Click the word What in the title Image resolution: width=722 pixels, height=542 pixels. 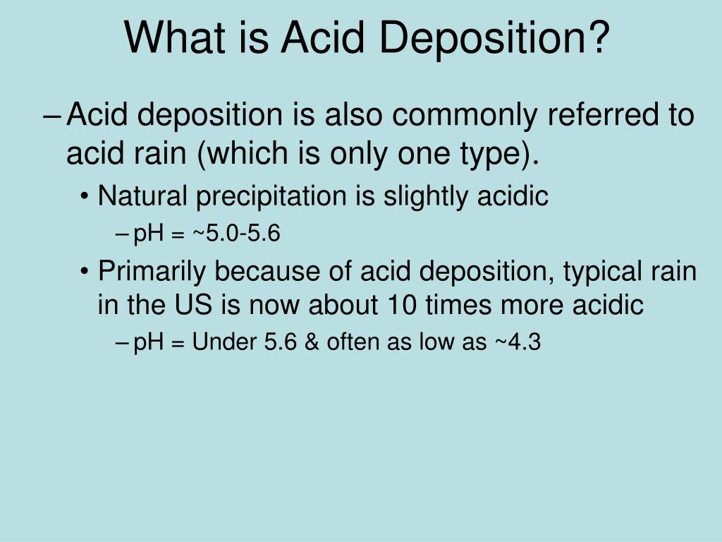(x=175, y=38)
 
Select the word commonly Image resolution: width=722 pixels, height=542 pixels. (x=465, y=116)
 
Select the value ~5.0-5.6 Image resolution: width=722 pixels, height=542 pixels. (x=236, y=233)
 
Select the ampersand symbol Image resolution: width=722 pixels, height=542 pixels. (x=312, y=342)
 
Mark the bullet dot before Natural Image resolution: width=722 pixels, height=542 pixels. (x=85, y=197)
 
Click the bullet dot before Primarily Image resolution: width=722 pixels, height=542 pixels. (x=85, y=272)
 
